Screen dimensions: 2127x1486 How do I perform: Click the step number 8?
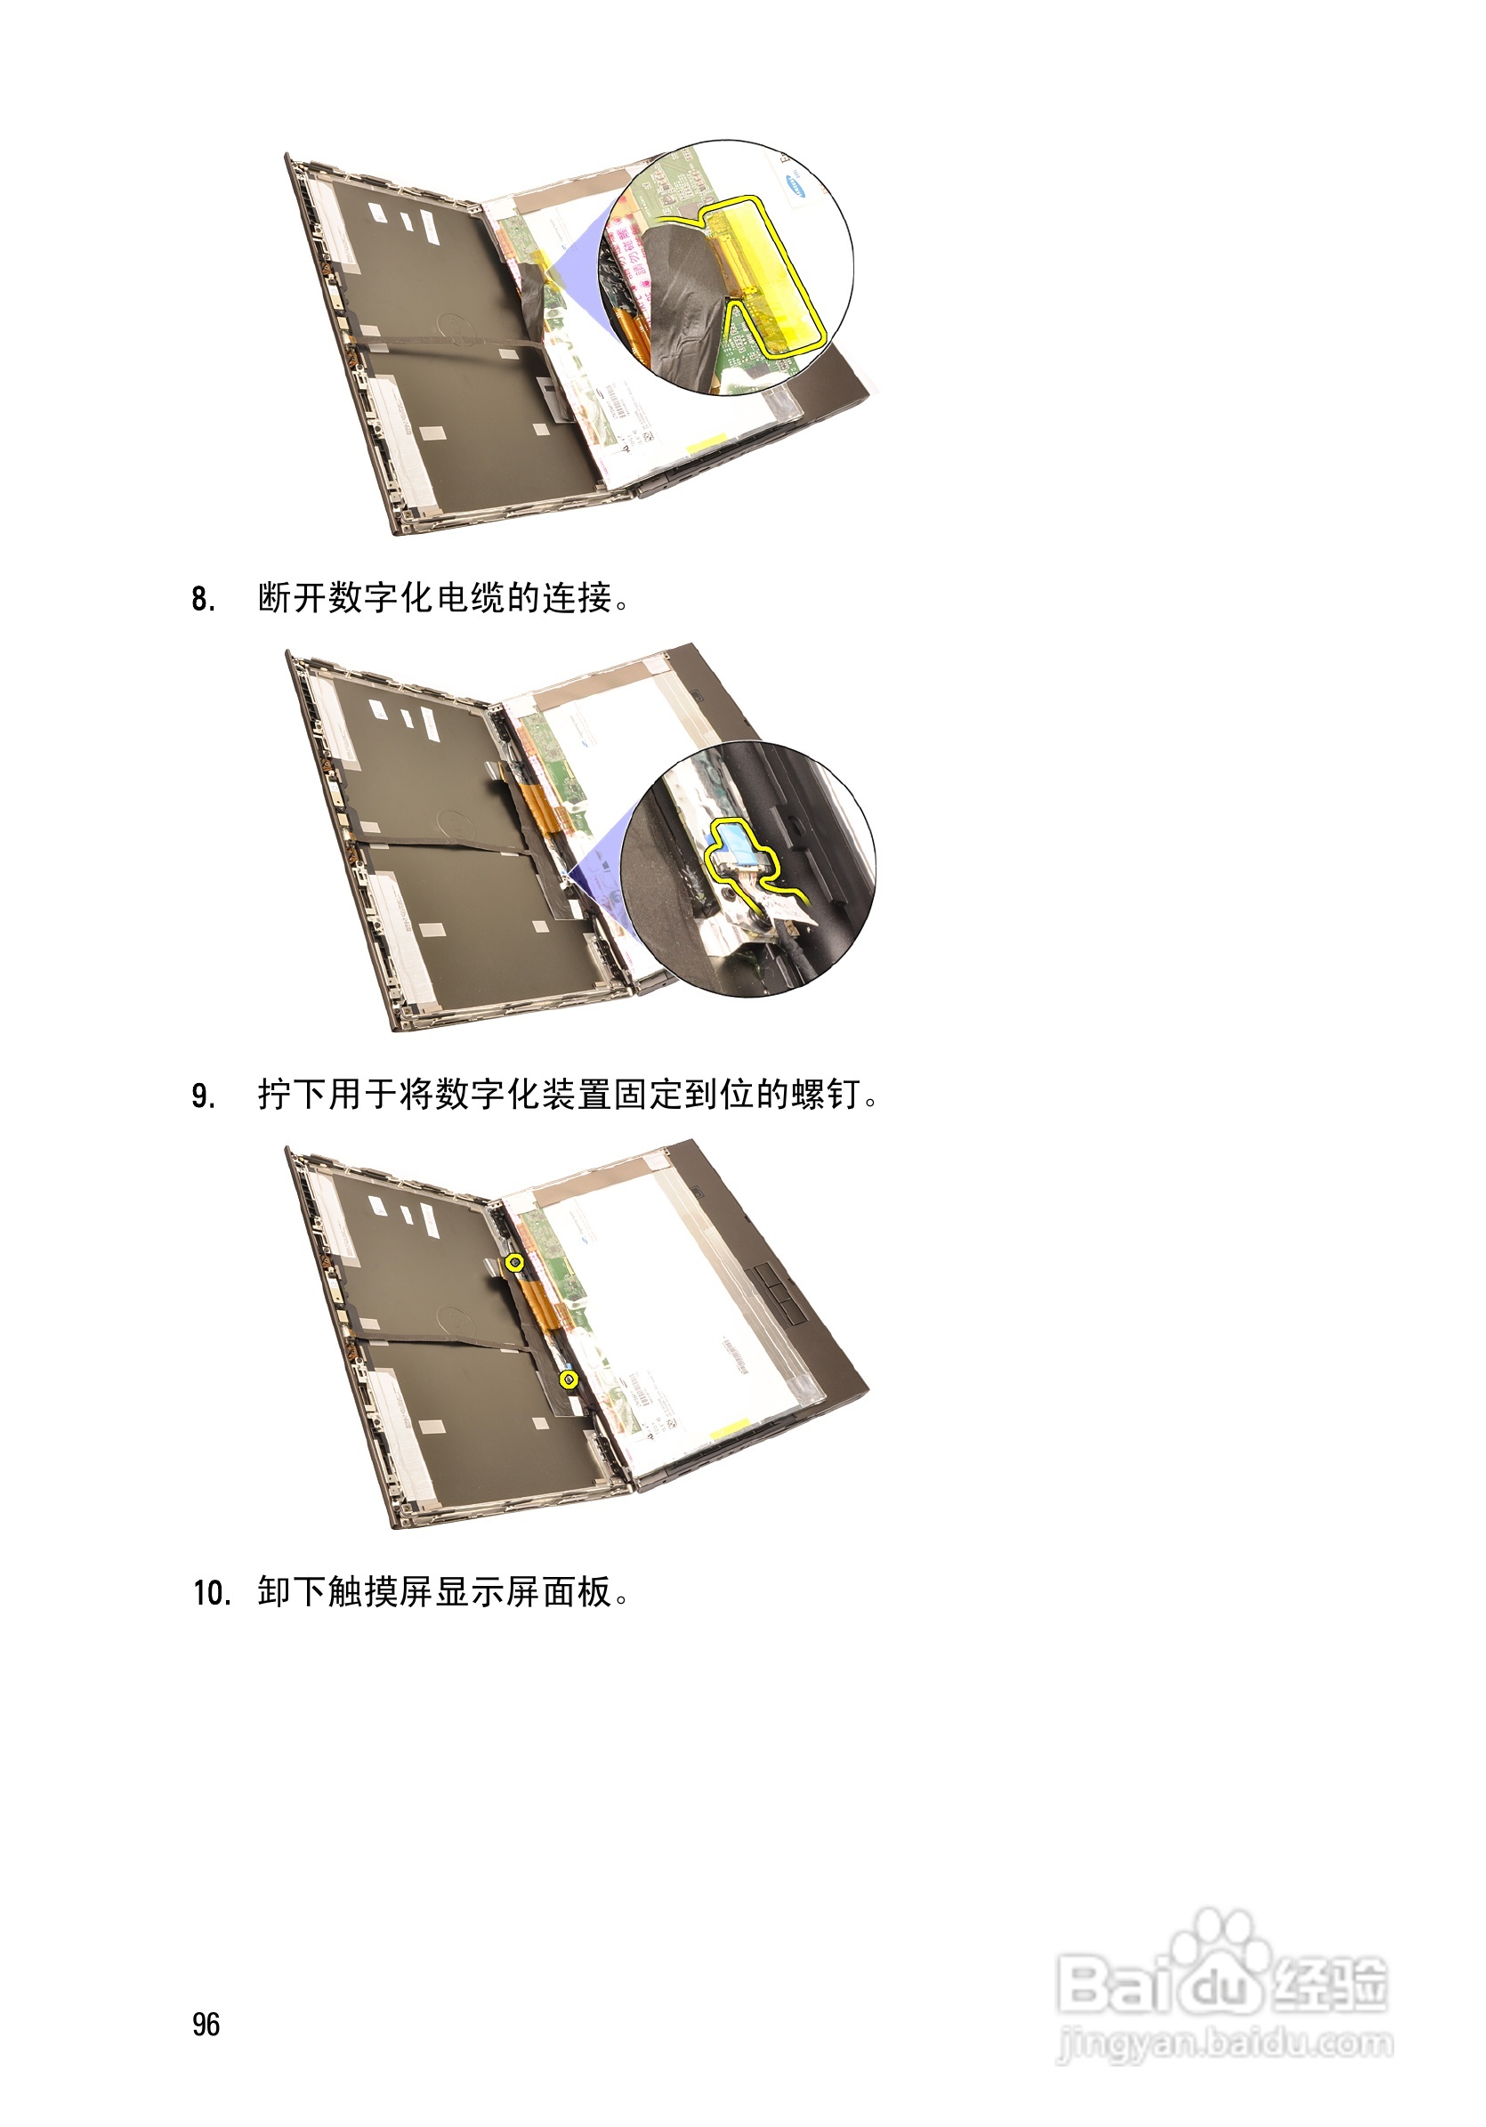tap(203, 599)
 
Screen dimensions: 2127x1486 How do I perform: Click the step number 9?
tap(203, 1096)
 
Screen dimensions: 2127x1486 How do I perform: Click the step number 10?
tap(211, 1592)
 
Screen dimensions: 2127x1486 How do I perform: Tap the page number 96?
tap(206, 2024)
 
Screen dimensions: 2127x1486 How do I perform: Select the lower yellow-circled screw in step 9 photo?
tap(569, 1379)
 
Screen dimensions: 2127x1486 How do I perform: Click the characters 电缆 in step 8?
tap(470, 598)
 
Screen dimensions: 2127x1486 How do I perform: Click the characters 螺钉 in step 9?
tap(826, 1095)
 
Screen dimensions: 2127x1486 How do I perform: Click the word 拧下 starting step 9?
tap(292, 1095)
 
